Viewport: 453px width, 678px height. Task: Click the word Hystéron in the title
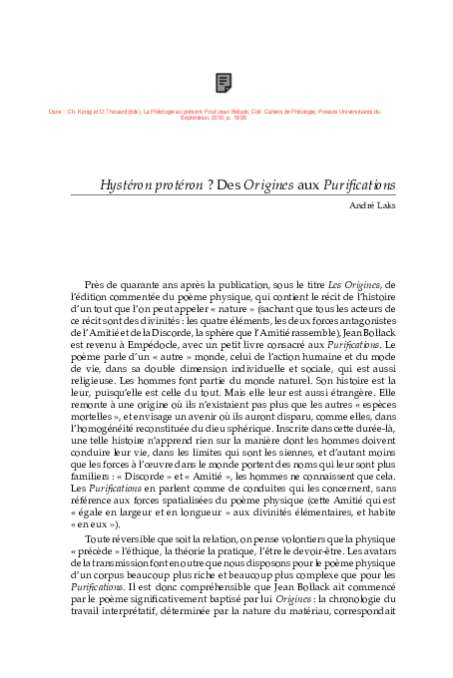128,185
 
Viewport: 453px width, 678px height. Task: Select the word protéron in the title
187,185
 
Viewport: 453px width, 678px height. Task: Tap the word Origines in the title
267,185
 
